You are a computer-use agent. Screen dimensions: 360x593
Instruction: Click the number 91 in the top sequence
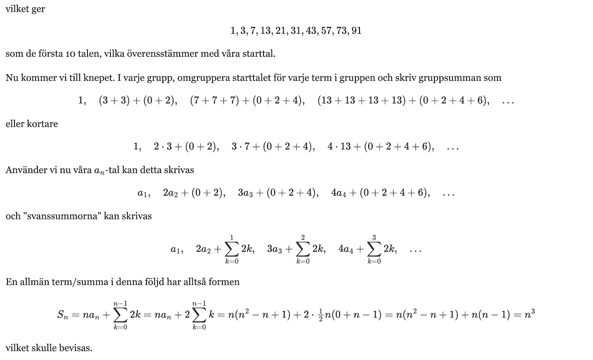pos(357,31)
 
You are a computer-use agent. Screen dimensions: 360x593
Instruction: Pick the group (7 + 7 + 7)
pos(214,101)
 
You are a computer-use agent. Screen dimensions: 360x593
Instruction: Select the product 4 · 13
pos(339,147)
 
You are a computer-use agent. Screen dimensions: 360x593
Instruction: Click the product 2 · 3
pos(163,147)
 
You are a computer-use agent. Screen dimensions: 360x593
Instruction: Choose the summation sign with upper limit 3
pos(374,250)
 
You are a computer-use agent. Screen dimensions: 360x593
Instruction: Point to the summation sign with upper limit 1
pos(232,250)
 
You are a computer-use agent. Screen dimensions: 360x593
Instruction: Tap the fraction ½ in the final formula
pos(321,315)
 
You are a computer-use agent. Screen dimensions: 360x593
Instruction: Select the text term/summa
pos(78,282)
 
